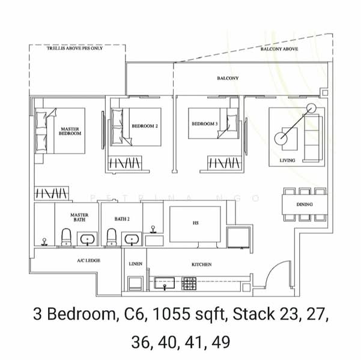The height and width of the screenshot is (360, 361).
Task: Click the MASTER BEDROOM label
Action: (70, 131)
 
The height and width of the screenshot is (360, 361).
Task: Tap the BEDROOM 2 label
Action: (145, 126)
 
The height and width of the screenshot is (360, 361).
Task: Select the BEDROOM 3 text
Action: (205, 124)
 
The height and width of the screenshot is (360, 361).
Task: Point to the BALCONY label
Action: (228, 78)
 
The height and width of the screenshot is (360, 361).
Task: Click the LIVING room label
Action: (287, 160)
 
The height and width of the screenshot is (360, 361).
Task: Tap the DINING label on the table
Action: (305, 204)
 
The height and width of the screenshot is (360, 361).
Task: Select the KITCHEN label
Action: (201, 265)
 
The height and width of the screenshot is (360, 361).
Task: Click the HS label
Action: (195, 223)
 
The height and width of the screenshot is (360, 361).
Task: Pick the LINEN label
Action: (135, 264)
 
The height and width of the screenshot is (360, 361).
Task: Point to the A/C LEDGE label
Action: (89, 260)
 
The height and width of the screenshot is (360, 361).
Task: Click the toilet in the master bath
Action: (67, 237)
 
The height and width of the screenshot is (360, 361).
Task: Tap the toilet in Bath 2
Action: (112, 237)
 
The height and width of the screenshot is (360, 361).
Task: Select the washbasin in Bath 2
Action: (132, 239)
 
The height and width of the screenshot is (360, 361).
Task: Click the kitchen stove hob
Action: (189, 283)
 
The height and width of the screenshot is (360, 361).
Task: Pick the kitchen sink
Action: (164, 283)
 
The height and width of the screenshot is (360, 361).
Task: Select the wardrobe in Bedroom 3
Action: (224, 163)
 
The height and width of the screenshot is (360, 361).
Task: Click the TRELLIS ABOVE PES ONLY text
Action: (75, 49)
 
